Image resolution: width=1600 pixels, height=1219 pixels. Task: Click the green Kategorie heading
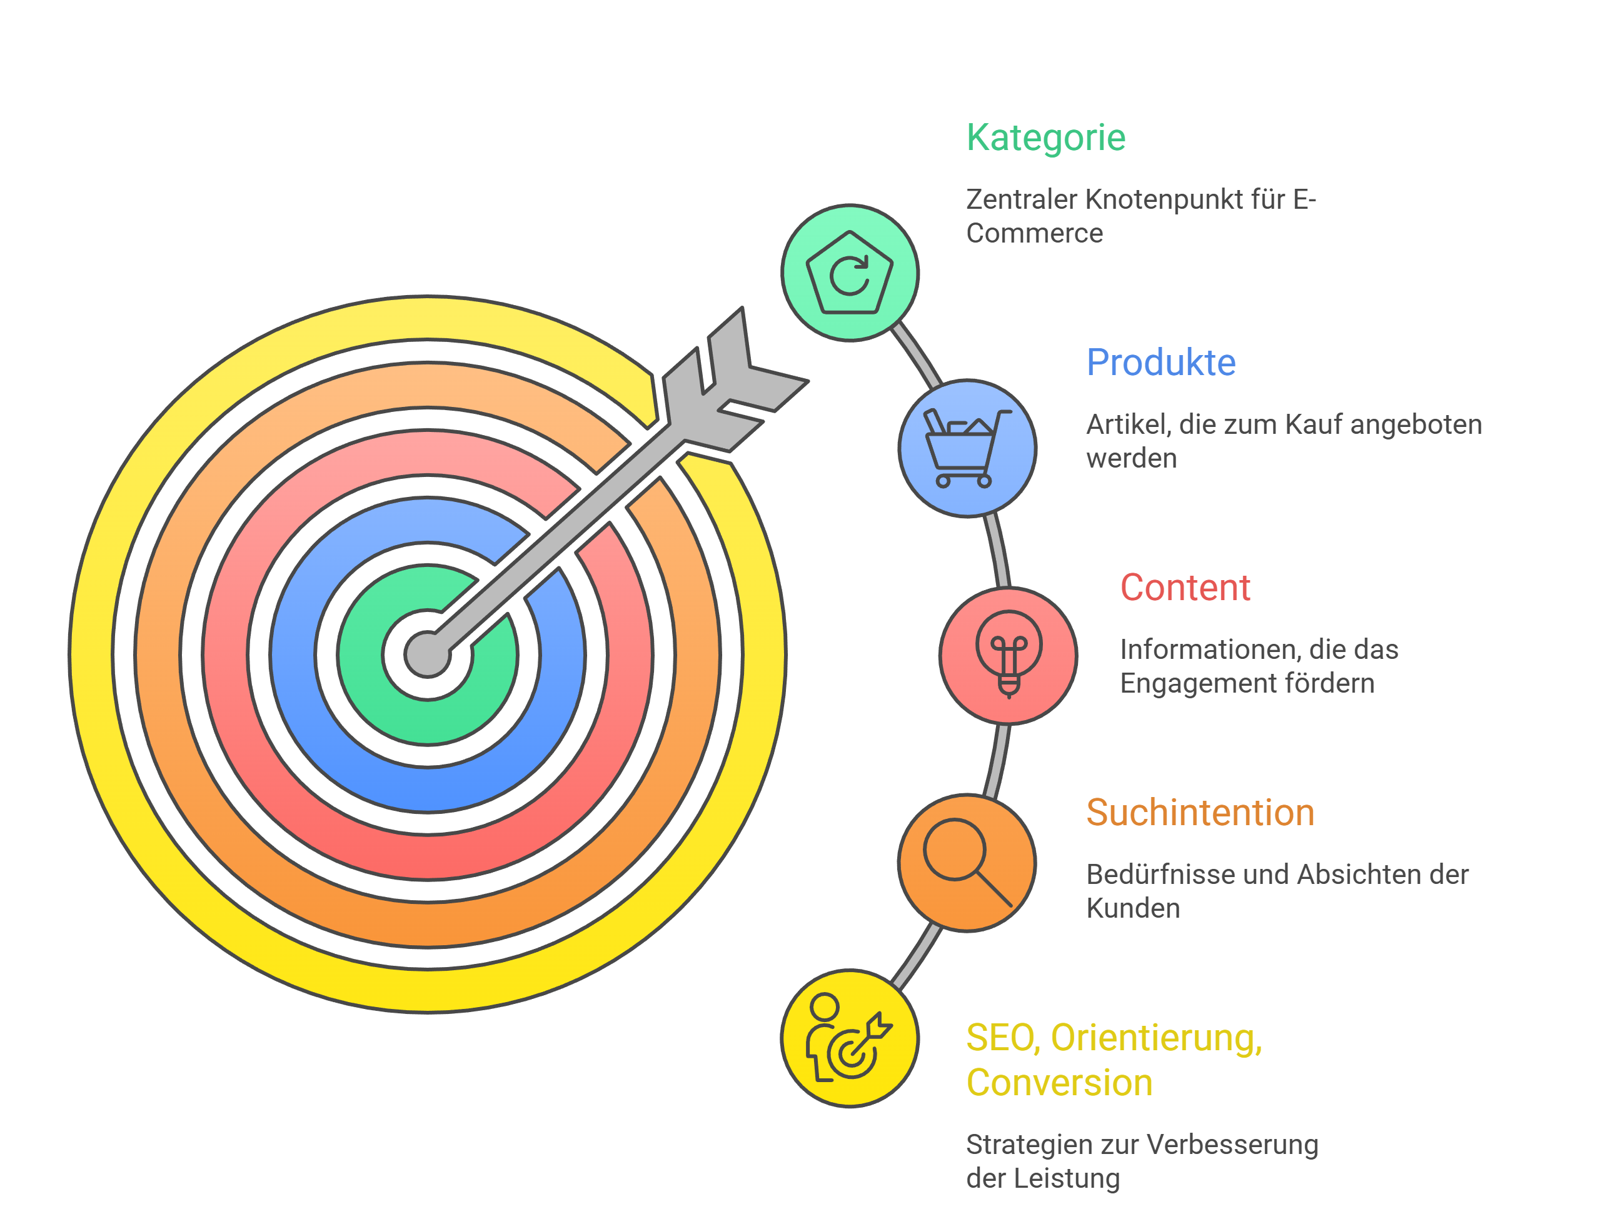pyautogui.click(x=1045, y=138)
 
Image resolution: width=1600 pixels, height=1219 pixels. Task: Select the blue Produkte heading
pyautogui.click(x=1160, y=363)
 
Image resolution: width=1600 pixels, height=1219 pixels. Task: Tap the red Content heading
pyautogui.click(x=1184, y=588)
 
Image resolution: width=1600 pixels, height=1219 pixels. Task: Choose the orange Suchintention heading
pyautogui.click(x=1199, y=813)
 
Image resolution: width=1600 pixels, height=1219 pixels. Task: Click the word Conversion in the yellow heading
pyautogui.click(x=1059, y=1083)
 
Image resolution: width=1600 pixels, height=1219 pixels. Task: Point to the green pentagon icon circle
pyautogui.click(x=849, y=273)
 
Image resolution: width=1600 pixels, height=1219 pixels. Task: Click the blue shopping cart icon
pyautogui.click(x=967, y=448)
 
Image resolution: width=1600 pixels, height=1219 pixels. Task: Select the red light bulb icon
pyautogui.click(x=1008, y=655)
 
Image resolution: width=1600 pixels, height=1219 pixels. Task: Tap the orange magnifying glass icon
pyautogui.click(x=967, y=863)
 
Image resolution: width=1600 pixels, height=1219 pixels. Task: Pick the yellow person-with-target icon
pyautogui.click(x=849, y=1038)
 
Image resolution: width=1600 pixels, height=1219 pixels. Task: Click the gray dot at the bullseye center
pyautogui.click(x=428, y=654)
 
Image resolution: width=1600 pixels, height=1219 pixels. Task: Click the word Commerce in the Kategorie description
pyautogui.click(x=1034, y=234)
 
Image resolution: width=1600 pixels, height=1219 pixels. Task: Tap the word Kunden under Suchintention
pyautogui.click(x=1133, y=908)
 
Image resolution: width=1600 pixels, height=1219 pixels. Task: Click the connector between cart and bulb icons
pyautogui.click(x=997, y=551)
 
